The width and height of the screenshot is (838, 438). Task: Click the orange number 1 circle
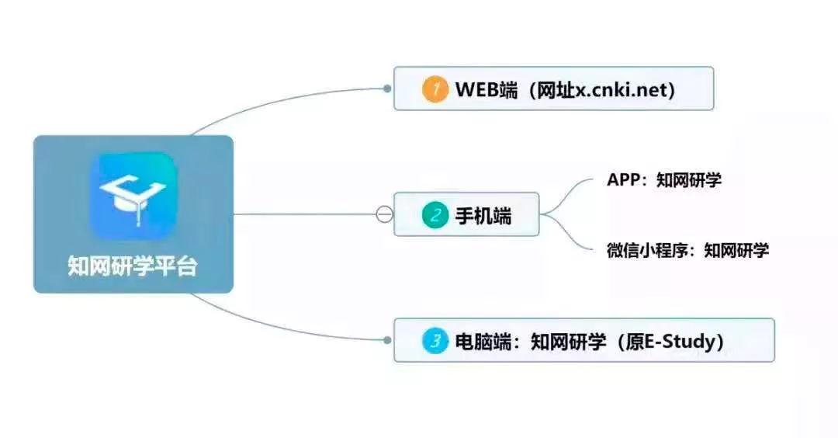coord(435,89)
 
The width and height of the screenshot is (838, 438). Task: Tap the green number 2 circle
coord(435,215)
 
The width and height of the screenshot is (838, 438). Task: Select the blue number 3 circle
coord(435,341)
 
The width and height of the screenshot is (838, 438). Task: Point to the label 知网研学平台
coord(133,266)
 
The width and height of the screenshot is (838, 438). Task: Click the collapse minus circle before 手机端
coord(384,214)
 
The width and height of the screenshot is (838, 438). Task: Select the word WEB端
coord(487,89)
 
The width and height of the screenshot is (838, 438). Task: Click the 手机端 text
coord(483,216)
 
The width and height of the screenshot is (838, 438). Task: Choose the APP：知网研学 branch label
coord(663,179)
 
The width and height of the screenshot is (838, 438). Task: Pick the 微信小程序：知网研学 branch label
coord(687,250)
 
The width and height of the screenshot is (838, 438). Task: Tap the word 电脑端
coord(483,341)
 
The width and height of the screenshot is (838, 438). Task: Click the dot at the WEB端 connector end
coord(387,89)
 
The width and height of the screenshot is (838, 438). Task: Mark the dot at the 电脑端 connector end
coord(387,340)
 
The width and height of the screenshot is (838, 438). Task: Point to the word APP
coord(624,179)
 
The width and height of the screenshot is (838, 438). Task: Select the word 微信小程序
coord(646,250)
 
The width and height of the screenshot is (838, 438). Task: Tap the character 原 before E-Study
coord(635,341)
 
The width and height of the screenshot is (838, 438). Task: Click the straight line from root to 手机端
coord(305,214)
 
